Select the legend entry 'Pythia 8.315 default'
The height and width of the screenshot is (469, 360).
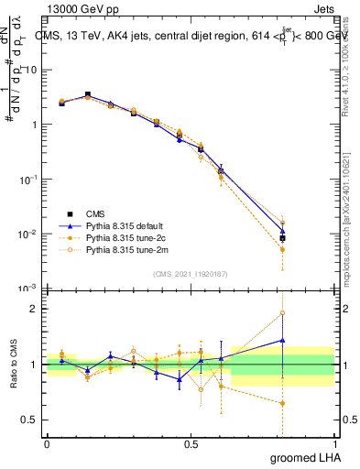(x=125, y=224)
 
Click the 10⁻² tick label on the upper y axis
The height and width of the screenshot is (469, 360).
(x=29, y=234)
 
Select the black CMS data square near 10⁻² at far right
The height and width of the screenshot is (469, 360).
(x=283, y=238)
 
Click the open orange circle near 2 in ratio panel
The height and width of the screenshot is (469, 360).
(x=283, y=313)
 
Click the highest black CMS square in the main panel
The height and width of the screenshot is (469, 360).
(x=88, y=94)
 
